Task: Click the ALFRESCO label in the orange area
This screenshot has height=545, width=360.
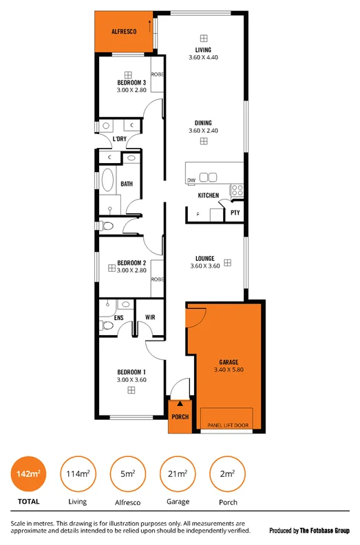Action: pos(124,32)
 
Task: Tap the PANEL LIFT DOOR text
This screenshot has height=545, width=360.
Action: pos(226,426)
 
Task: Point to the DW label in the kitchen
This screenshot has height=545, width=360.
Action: pos(191,180)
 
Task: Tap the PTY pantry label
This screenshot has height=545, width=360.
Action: pos(235,213)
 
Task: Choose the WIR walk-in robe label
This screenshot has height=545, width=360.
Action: pos(150,317)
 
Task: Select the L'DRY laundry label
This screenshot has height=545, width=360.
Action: pos(119,139)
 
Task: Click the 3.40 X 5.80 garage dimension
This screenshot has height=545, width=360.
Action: pos(229,370)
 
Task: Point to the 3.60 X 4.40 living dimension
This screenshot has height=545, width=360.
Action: pos(202,57)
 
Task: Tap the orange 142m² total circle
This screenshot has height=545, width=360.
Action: pos(28,473)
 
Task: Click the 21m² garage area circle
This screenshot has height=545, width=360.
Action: pos(176,473)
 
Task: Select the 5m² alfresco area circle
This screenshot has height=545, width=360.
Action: pos(126,473)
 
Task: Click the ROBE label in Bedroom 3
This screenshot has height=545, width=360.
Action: pos(157,74)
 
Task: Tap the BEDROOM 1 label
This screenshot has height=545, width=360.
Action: pos(131,372)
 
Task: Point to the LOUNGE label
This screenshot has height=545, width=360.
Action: pos(204,259)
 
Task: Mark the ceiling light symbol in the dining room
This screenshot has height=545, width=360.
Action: pos(204,141)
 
